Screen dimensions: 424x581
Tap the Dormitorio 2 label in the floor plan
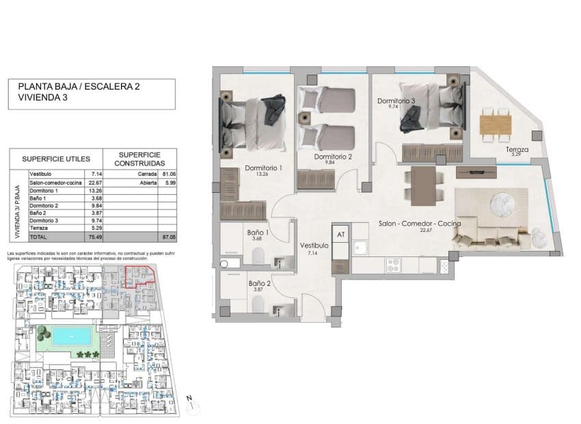coord(333,157)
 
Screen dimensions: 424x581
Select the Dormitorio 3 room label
coord(396,101)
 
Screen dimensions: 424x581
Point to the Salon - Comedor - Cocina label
coord(420,224)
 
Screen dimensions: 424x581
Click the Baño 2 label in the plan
coord(260,283)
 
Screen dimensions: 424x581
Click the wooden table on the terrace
coord(496,124)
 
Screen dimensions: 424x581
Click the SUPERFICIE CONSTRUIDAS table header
coord(139,160)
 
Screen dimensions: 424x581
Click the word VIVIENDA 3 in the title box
coord(42,98)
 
